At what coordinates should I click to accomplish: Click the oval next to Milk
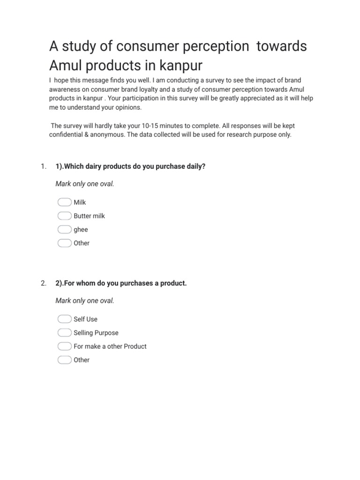point(64,202)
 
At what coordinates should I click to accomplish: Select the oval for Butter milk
point(64,216)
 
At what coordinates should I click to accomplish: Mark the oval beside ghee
point(64,230)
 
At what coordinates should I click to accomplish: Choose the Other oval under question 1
point(64,243)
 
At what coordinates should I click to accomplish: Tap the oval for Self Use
point(64,319)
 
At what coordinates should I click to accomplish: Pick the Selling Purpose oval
point(64,333)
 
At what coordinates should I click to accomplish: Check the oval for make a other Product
point(64,346)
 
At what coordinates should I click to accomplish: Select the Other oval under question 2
point(64,360)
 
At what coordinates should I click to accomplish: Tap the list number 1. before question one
point(43,166)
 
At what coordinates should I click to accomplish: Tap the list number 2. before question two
point(43,283)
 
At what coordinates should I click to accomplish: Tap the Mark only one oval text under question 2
point(85,300)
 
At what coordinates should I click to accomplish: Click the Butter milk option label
point(89,216)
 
